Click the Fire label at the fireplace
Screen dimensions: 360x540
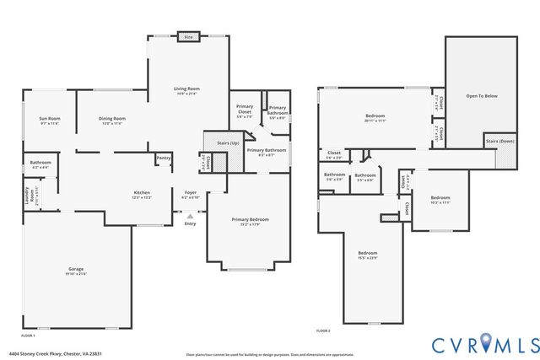pyautogui.click(x=188, y=37)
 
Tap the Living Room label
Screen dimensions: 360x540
pyautogui.click(x=186, y=89)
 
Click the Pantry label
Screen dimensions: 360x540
pyautogui.click(x=164, y=157)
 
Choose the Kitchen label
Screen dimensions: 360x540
pyautogui.click(x=142, y=193)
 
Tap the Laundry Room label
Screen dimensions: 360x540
pyautogui.click(x=26, y=193)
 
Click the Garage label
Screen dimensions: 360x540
pyautogui.click(x=77, y=270)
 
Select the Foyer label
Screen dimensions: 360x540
pyautogui.click(x=191, y=193)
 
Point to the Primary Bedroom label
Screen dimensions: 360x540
pyautogui.click(x=249, y=220)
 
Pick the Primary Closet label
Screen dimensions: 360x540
pyautogui.click(x=245, y=108)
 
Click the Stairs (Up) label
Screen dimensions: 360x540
pyautogui.click(x=229, y=143)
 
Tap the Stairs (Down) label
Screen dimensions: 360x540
pyautogui.click(x=500, y=142)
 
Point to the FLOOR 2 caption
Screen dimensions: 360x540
pyautogui.click(x=323, y=330)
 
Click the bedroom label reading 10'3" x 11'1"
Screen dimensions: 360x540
pyautogui.click(x=440, y=200)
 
